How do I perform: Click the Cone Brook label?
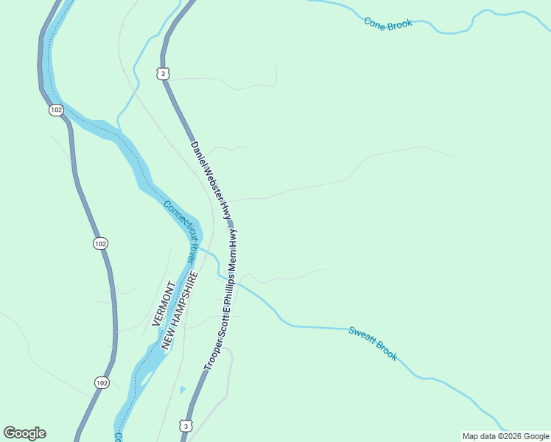point(388,22)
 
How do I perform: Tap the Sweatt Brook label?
point(373,343)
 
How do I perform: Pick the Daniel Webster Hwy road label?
point(212,180)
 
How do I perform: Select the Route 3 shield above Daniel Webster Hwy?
point(163,72)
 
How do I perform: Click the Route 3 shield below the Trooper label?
point(185,426)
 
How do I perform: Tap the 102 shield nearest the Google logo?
point(102,382)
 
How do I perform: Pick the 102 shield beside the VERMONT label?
point(101,243)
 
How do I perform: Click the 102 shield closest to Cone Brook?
point(57,109)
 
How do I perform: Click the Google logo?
point(25,433)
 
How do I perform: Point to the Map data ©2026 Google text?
point(505,436)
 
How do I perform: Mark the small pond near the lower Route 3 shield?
point(182,390)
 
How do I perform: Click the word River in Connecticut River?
point(190,255)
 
